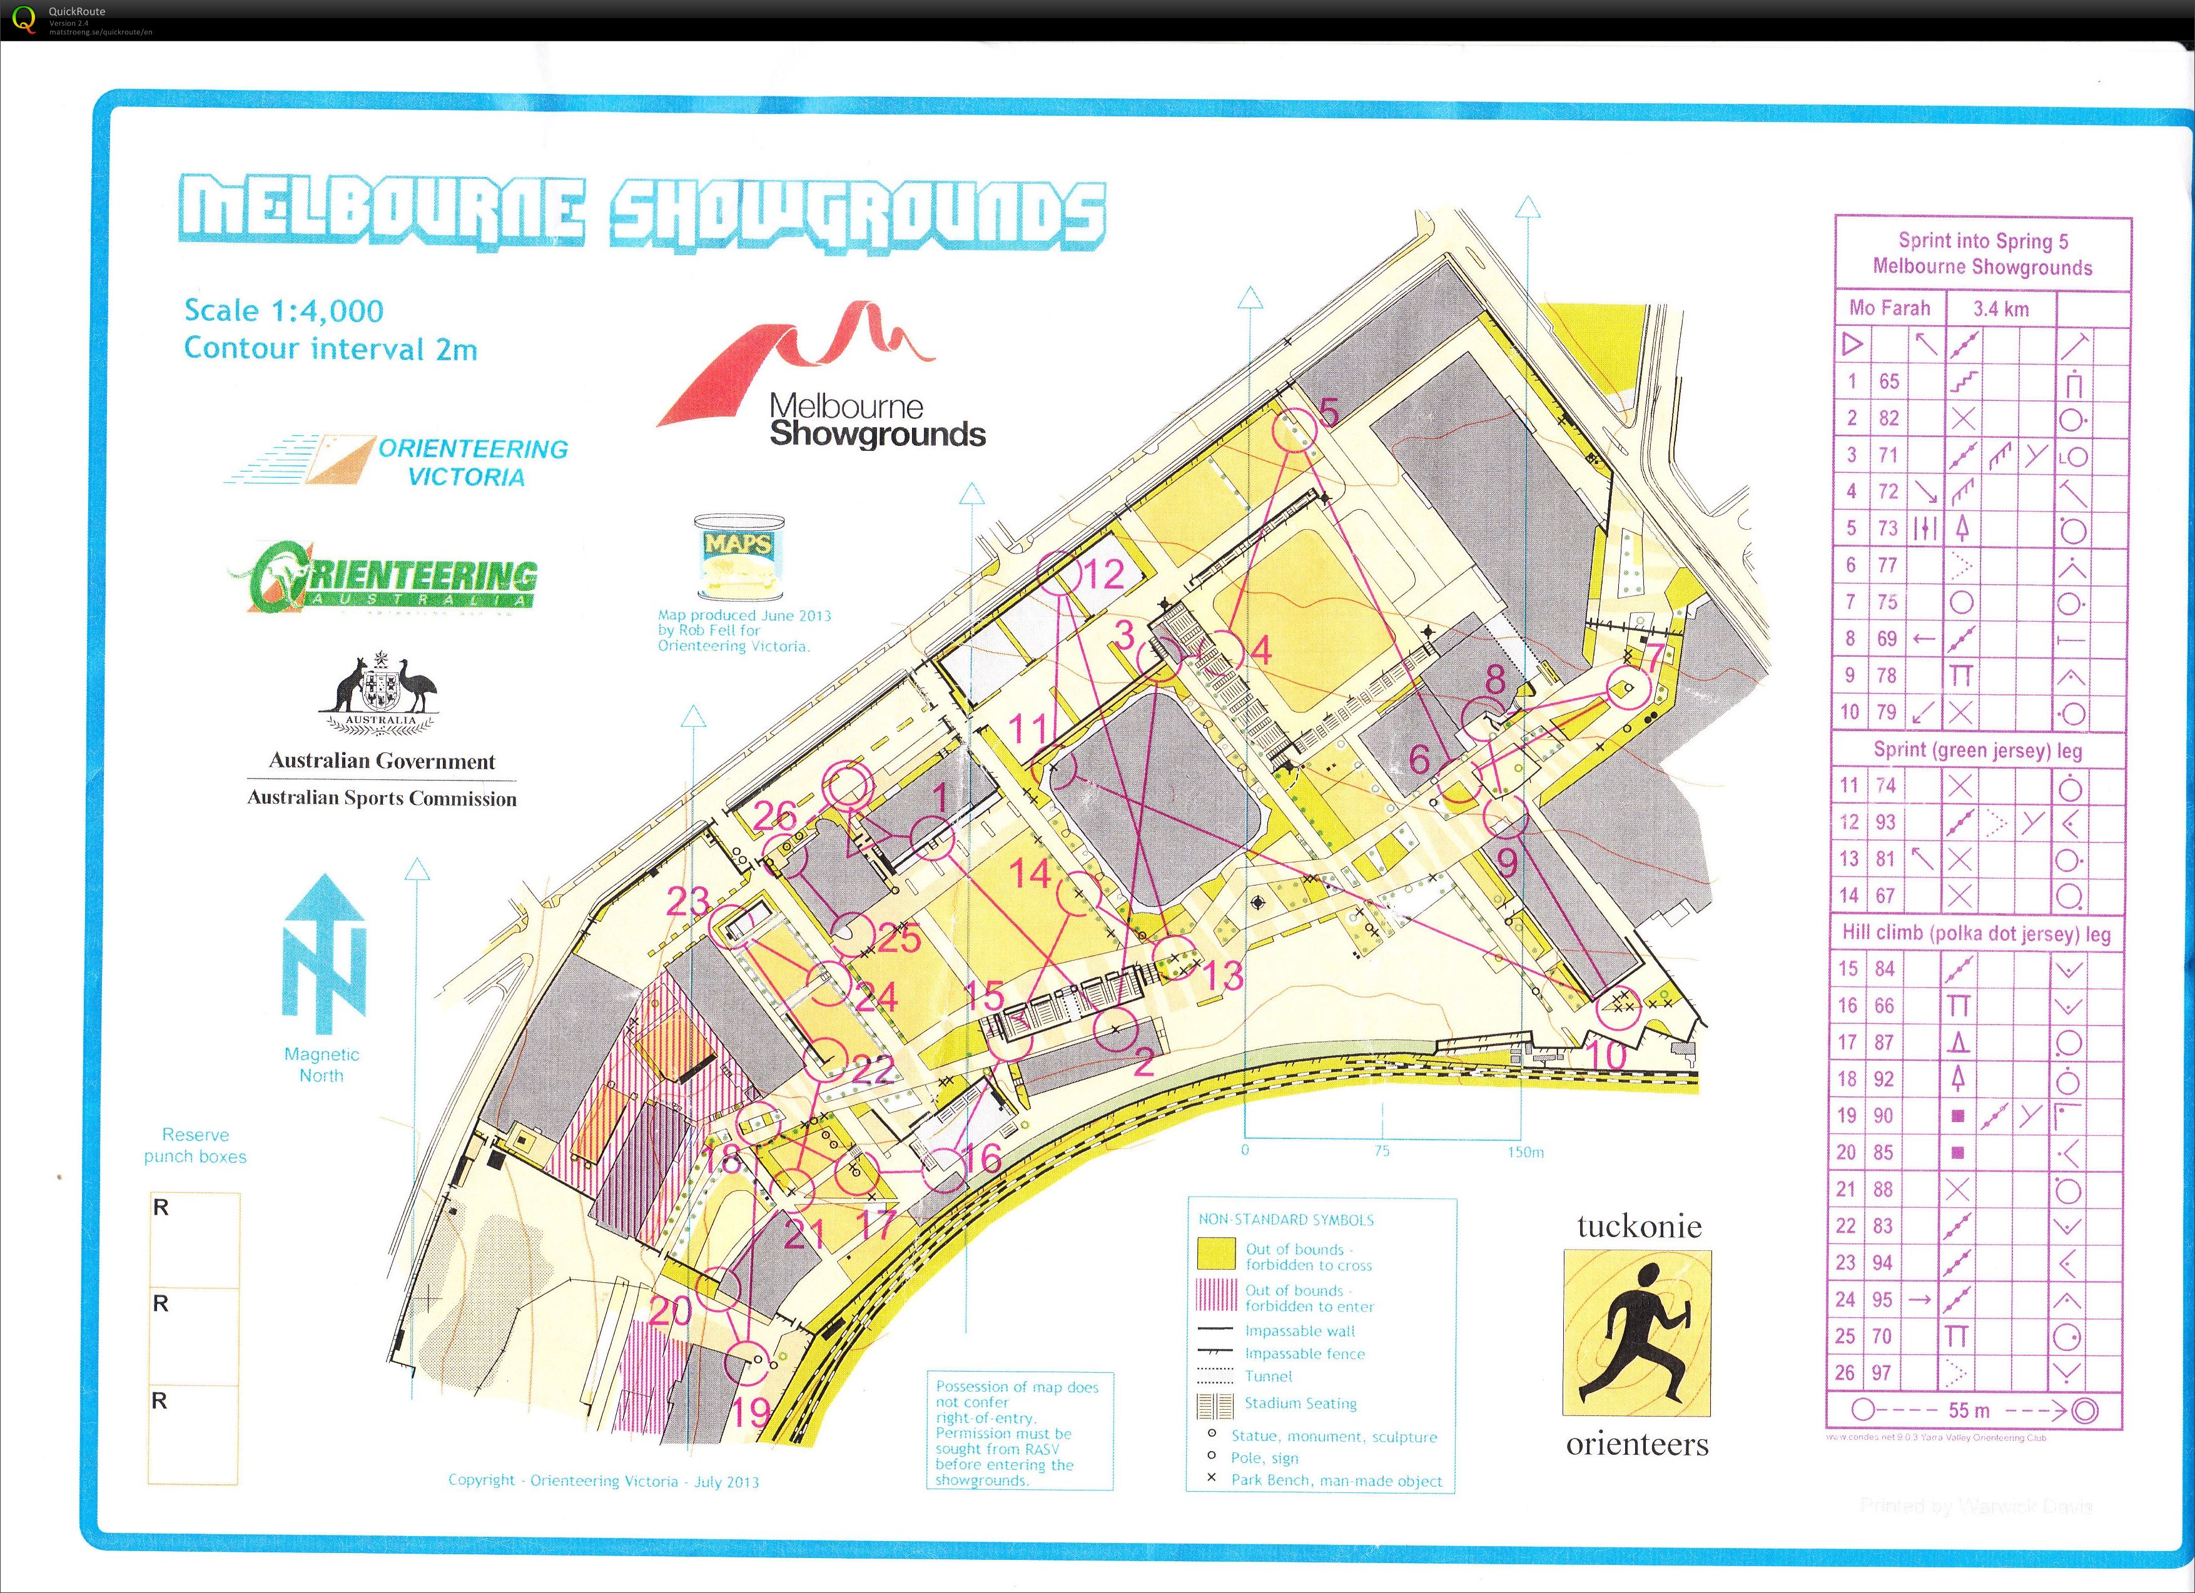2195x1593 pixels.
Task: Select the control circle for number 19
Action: click(x=746, y=1363)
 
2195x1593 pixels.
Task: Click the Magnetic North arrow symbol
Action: click(x=323, y=953)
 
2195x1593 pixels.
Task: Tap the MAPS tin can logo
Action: click(x=738, y=557)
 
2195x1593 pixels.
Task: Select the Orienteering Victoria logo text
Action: click(x=472, y=463)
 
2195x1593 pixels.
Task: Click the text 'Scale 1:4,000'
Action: click(x=283, y=311)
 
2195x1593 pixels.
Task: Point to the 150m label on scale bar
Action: click(x=1524, y=1151)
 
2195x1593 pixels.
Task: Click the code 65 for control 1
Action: click(x=1888, y=382)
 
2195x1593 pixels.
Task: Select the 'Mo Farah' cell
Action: click(x=1888, y=309)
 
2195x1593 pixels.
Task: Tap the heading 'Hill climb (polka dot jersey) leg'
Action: click(x=1975, y=934)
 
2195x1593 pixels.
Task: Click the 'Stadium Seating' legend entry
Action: click(x=1300, y=1403)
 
